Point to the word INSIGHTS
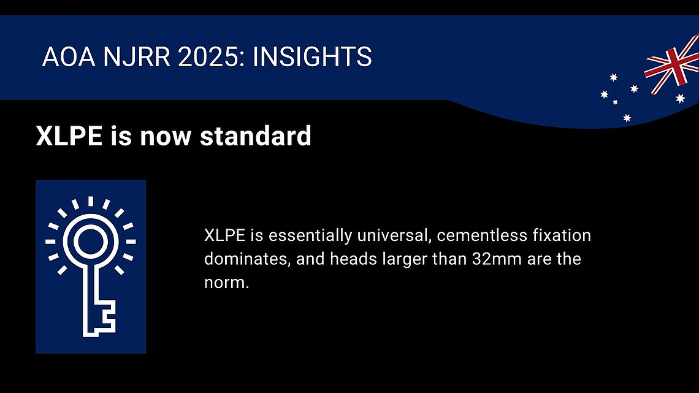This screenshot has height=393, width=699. tap(312, 57)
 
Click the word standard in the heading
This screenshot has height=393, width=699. tap(256, 136)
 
